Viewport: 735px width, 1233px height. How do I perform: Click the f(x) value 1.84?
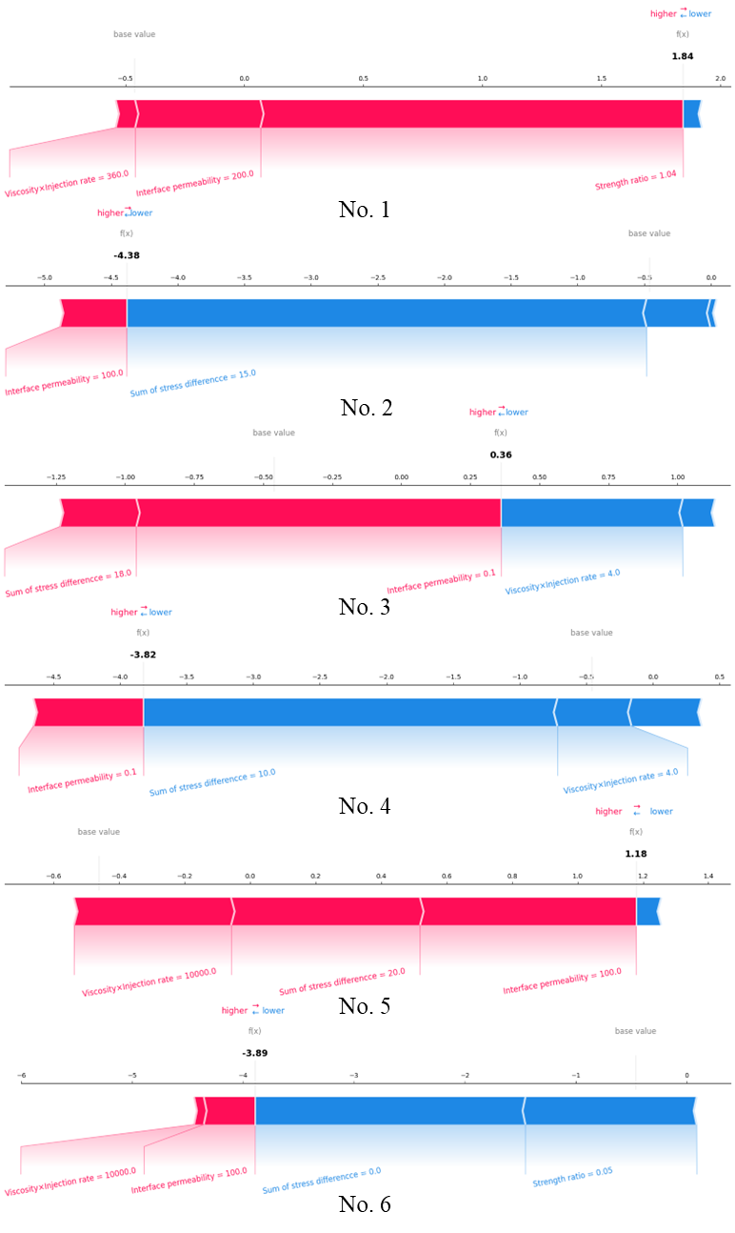point(683,57)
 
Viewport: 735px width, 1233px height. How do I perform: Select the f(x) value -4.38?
point(127,255)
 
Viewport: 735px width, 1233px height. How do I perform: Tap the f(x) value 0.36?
point(501,455)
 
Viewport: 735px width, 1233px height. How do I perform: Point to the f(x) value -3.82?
point(143,655)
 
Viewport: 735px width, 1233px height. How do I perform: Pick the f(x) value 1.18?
point(636,854)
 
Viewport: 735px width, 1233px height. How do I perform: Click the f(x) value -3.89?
point(255,1053)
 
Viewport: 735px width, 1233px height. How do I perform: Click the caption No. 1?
point(364,210)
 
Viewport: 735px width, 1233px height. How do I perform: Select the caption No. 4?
point(364,806)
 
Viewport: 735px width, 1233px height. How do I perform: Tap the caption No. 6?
point(364,1204)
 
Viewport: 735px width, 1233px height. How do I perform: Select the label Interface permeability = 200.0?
point(195,183)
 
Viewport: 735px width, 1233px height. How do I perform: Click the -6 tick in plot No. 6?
point(21,1076)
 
